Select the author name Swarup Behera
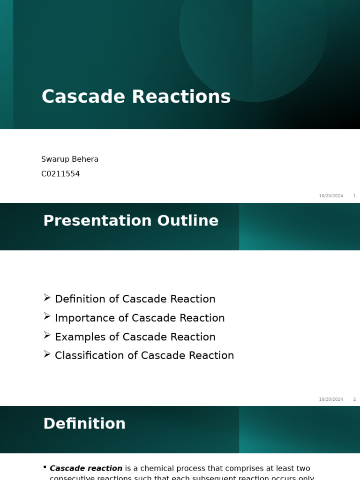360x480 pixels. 70,159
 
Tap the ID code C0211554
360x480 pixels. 60,174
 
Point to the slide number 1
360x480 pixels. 354,196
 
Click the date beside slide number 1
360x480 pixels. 331,196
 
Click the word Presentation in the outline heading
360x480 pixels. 97,221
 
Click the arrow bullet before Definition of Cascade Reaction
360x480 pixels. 47,298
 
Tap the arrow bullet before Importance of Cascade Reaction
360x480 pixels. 47,316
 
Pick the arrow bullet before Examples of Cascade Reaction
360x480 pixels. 47,335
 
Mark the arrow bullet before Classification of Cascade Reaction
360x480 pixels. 47,354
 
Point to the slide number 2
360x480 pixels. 354,399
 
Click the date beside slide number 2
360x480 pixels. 331,399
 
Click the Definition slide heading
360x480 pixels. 84,424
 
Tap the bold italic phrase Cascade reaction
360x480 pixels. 86,468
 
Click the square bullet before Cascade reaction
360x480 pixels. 45,467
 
